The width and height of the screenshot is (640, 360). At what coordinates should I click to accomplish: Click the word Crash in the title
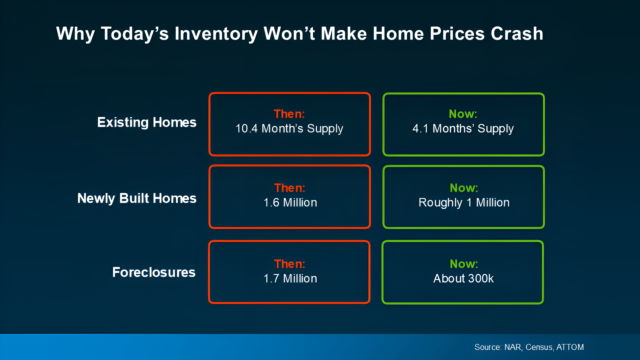[517, 34]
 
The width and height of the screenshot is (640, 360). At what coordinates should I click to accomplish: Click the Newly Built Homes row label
[137, 198]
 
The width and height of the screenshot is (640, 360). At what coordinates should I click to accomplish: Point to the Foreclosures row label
[154, 272]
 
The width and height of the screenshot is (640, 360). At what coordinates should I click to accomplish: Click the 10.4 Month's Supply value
[289, 129]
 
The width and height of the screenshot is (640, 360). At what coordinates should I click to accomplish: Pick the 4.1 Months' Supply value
[463, 129]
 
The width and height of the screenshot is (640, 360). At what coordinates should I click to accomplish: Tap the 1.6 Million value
[290, 203]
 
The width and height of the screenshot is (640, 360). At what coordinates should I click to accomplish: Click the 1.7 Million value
[290, 279]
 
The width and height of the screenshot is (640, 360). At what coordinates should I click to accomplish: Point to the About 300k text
[463, 279]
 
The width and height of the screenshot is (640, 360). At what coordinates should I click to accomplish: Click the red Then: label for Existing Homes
[289, 114]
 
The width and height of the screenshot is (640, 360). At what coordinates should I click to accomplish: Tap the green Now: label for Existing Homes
[463, 114]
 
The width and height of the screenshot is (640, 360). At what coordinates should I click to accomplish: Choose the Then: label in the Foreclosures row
[290, 264]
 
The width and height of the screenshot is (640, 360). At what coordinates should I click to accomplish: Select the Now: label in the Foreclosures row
[464, 264]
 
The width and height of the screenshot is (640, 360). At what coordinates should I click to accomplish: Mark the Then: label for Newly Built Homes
[290, 188]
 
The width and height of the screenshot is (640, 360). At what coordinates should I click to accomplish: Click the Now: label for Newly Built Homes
[464, 188]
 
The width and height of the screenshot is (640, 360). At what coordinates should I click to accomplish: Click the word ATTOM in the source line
[570, 347]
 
